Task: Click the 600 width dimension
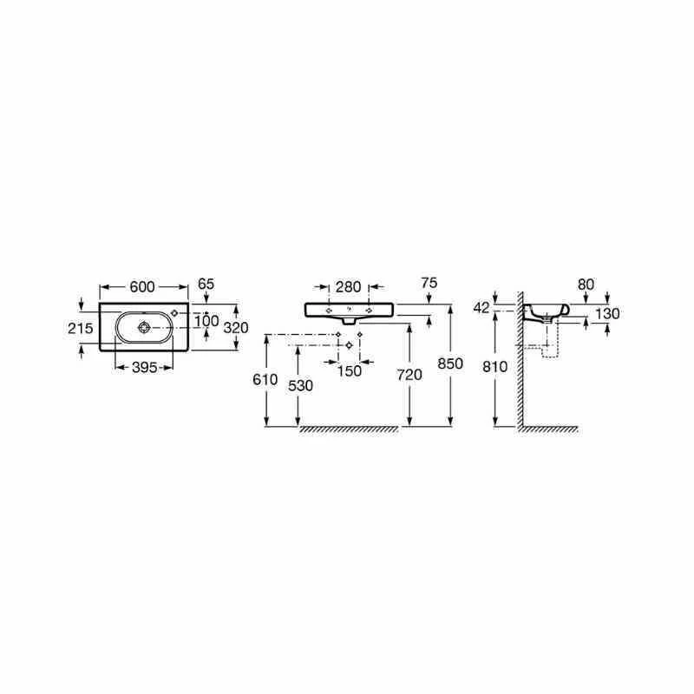click(144, 286)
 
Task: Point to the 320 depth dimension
click(236, 327)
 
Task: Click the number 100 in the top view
click(206, 321)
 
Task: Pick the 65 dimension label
click(206, 284)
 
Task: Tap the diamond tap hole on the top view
click(175, 312)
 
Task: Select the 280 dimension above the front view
click(347, 285)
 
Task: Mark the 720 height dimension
click(409, 374)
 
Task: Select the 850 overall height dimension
click(451, 363)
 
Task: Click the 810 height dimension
click(494, 367)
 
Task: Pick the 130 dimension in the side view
click(608, 314)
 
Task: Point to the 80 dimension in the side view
click(587, 283)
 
